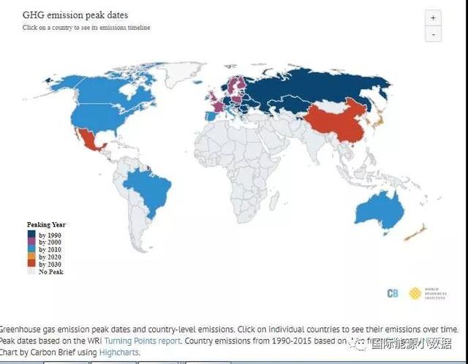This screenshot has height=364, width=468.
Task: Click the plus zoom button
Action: coord(433,18)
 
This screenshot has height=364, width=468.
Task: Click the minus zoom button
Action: coord(433,34)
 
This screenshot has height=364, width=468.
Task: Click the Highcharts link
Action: coord(118,352)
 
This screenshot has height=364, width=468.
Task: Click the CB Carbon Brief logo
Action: coord(393,293)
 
